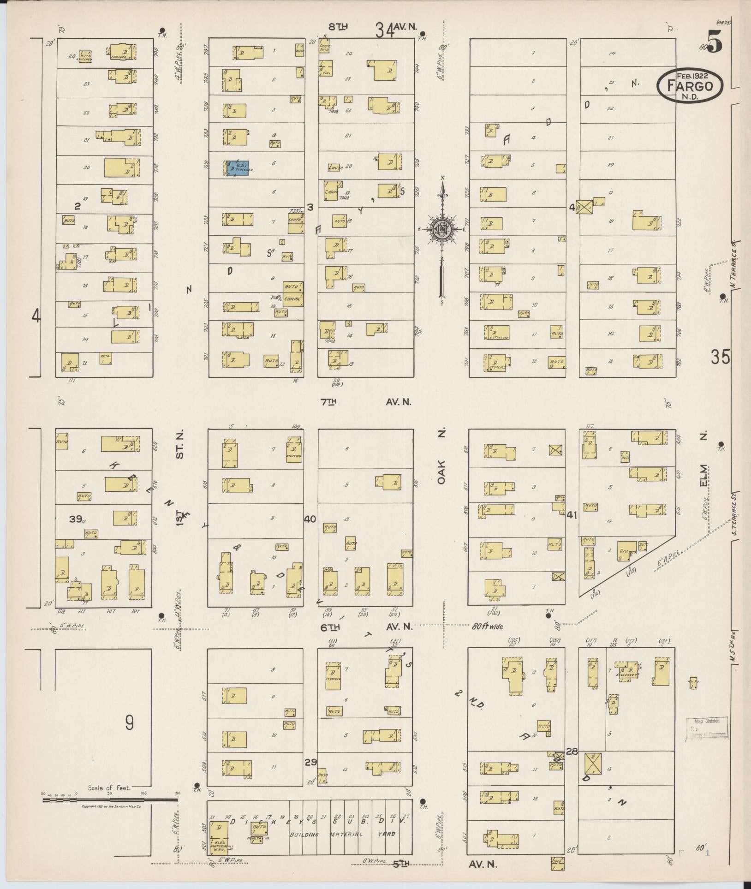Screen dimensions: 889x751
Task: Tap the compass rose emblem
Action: [x=442, y=228]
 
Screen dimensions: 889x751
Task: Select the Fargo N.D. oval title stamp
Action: [x=690, y=86]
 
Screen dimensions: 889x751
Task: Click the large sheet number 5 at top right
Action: [x=713, y=42]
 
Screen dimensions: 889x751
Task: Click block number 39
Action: [x=76, y=519]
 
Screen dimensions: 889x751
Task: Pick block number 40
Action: [x=310, y=519]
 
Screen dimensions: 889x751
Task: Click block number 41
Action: [x=572, y=514]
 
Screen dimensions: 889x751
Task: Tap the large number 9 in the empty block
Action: [x=129, y=722]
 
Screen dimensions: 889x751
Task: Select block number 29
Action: [x=310, y=762]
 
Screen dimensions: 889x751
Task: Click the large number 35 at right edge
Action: [x=721, y=358]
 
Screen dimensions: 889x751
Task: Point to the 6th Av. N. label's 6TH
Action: [x=330, y=627]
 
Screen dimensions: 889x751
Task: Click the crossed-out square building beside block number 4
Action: [x=584, y=207]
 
